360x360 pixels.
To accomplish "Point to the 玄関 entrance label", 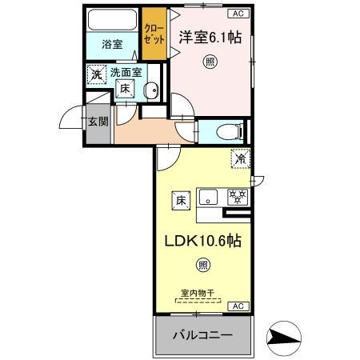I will click(x=98, y=122).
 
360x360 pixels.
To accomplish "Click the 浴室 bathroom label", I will click(x=112, y=44).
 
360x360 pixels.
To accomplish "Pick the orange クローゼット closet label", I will click(x=153, y=34).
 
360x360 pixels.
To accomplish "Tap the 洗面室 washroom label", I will click(x=126, y=73).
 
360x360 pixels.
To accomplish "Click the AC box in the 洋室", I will click(x=238, y=14).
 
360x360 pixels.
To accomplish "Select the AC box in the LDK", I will click(x=238, y=306).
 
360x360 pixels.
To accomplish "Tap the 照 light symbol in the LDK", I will click(x=203, y=266).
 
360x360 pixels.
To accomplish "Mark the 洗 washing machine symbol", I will click(x=97, y=75).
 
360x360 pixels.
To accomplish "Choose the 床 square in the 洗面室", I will click(x=126, y=90).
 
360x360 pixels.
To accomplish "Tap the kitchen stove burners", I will click(x=237, y=196).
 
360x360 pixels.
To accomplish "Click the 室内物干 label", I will click(x=197, y=294).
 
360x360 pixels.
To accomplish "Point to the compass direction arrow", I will click(x=283, y=338).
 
